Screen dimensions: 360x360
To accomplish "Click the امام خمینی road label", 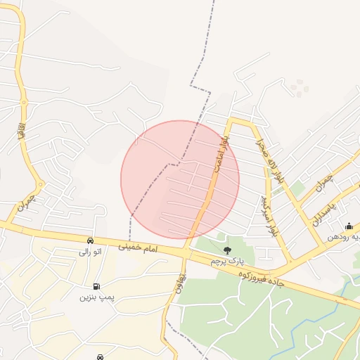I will point(148,248).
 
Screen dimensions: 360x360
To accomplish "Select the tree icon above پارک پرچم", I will point(226,250).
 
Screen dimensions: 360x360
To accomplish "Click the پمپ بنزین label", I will point(96,297).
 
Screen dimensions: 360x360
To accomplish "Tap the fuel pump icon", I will point(96,286).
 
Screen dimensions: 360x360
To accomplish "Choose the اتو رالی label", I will point(89,251).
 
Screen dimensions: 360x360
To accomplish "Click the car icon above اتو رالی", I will point(90,240).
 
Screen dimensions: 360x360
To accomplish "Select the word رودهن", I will point(339,237).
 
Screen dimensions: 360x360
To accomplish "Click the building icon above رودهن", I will point(349,226).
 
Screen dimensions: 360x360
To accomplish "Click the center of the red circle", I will point(180,179).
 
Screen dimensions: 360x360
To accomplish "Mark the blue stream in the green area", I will point(302,330).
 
